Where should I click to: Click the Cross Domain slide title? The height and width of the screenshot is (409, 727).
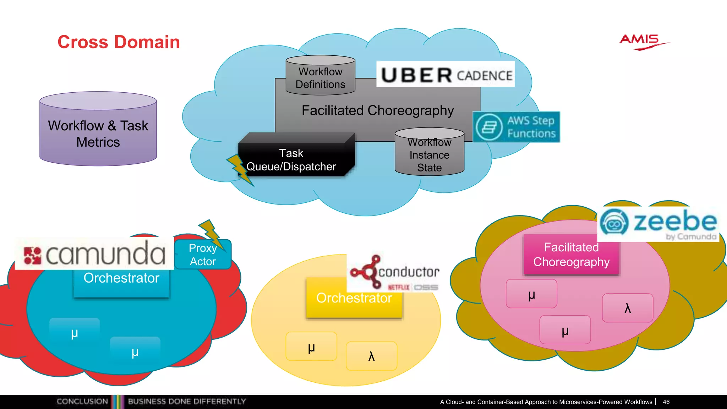119,42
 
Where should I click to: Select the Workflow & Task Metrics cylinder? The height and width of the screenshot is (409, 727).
98,130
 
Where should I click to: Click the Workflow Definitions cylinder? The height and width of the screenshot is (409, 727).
320,76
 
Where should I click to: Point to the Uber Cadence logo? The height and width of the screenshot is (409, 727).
446,75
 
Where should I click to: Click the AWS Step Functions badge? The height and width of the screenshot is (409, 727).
516,127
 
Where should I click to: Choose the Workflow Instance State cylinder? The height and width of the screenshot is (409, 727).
429,153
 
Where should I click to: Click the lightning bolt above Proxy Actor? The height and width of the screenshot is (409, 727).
212,233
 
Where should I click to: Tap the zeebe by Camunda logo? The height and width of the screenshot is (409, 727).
659,224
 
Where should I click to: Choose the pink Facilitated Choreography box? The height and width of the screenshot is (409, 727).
571,255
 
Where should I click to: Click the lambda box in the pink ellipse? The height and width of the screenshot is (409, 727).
627,308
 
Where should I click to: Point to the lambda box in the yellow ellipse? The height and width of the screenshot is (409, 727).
371,356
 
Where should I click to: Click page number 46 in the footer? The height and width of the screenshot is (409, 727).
666,402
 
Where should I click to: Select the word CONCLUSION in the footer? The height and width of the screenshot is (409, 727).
82,402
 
